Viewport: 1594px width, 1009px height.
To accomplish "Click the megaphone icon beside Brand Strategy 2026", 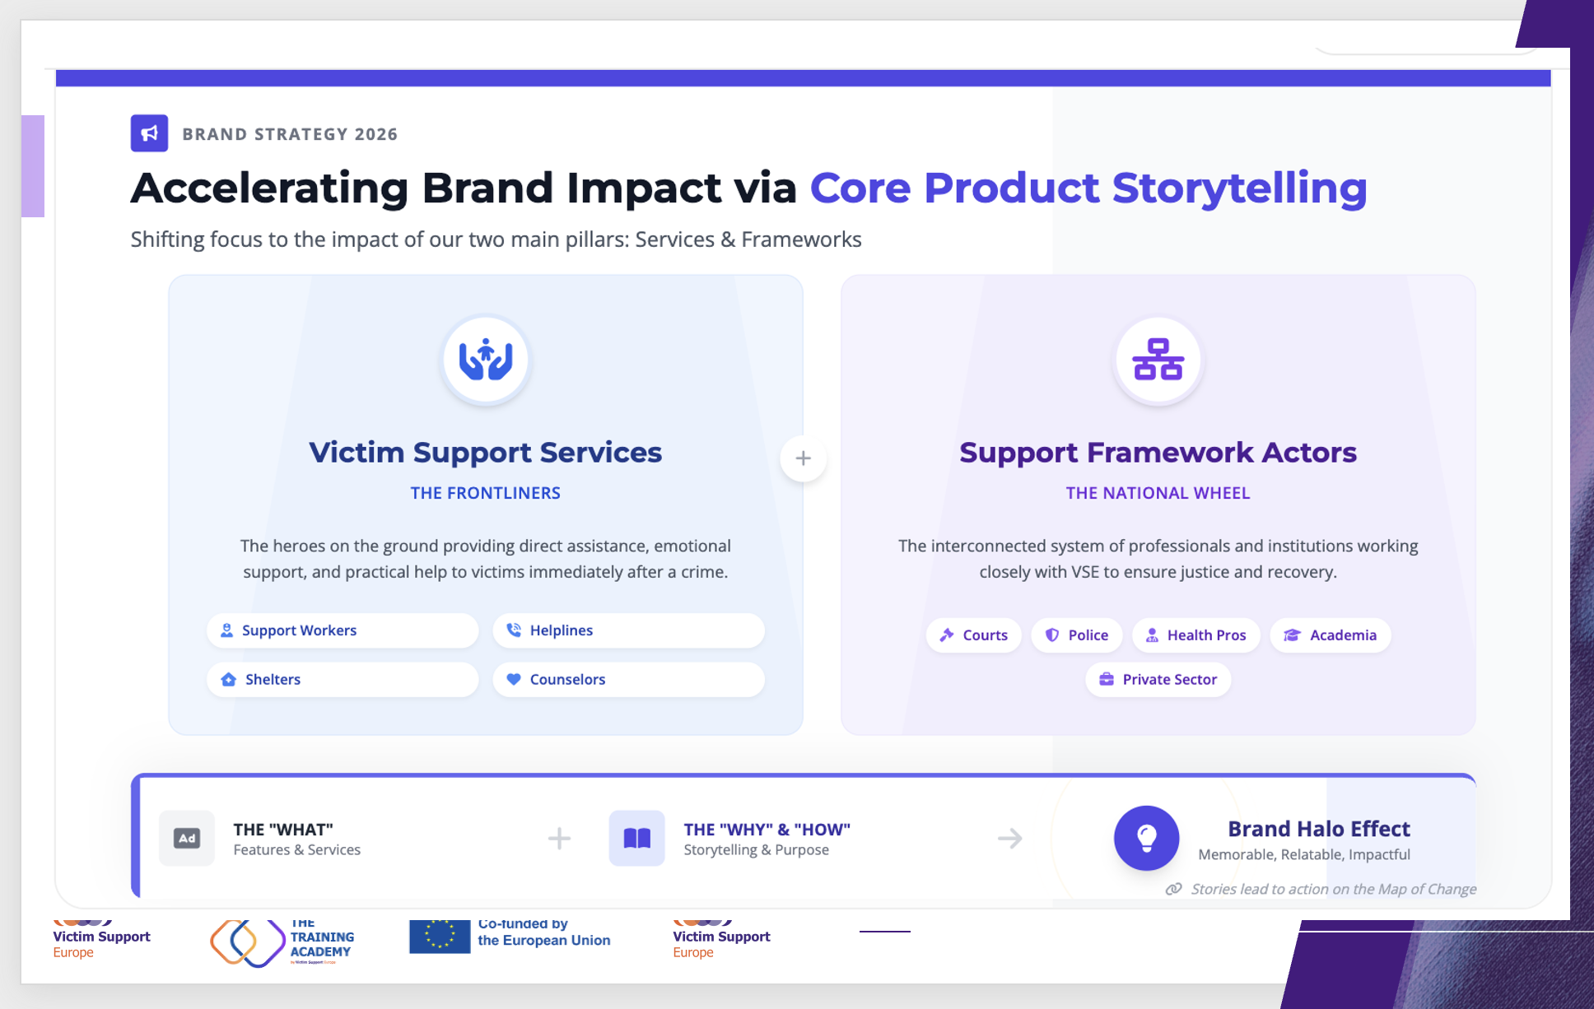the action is (149, 133).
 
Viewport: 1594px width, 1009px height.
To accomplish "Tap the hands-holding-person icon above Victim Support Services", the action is (486, 360).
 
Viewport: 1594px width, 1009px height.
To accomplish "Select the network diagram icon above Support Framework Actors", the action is (1158, 360).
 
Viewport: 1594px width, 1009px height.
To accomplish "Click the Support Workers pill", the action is (343, 630).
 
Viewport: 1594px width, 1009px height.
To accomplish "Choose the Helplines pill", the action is (628, 630).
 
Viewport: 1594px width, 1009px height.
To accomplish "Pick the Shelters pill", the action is (343, 680).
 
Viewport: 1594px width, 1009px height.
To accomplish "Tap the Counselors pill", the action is (628, 680).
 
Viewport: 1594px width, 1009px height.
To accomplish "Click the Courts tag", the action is (973, 635).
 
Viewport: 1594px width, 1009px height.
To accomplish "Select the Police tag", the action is (1077, 635).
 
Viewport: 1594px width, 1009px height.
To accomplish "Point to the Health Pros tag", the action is (1196, 635).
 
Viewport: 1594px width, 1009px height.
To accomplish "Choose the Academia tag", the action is (1331, 635).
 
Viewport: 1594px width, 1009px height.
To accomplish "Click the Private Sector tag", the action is (1158, 680).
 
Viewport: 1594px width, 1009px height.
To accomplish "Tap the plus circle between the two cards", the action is (804, 458).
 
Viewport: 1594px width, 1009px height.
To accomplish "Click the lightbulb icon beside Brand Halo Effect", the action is (1146, 838).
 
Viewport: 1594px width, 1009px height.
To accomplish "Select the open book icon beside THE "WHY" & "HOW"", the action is (636, 838).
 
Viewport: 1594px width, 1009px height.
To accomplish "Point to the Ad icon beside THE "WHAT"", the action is (187, 838).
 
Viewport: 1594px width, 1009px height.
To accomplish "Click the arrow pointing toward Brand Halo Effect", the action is (1010, 839).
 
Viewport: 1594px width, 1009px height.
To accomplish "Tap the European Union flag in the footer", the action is (440, 936).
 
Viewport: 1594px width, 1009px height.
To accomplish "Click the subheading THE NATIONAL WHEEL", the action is (1158, 493).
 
